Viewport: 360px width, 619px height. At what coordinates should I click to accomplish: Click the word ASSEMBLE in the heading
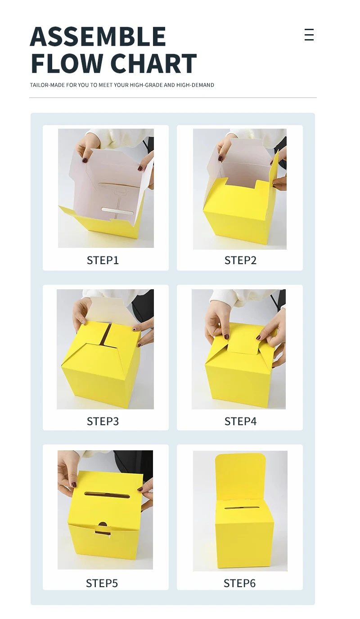click(98, 37)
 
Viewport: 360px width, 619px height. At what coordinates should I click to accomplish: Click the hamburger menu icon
click(309, 35)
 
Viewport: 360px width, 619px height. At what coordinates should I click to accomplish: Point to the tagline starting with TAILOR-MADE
click(122, 85)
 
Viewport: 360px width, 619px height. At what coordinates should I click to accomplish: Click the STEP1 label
click(103, 260)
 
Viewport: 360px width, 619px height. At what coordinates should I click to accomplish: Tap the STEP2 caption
click(240, 260)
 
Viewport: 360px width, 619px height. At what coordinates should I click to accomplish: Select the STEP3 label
click(103, 421)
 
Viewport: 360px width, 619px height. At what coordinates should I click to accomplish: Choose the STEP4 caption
click(240, 421)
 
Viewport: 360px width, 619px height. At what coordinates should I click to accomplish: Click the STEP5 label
click(102, 583)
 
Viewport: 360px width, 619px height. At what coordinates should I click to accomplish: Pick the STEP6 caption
click(239, 583)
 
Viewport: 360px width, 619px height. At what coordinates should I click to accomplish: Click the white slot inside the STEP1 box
click(117, 211)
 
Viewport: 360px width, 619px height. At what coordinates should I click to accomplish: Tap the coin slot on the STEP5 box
click(107, 495)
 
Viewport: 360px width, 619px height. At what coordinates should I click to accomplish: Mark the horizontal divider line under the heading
click(173, 97)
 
